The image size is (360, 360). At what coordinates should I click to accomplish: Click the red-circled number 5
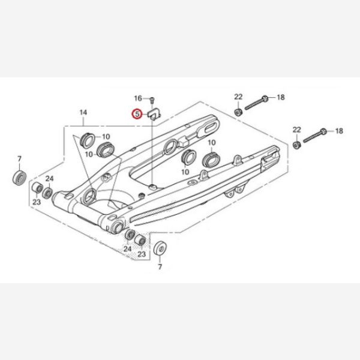click(137, 114)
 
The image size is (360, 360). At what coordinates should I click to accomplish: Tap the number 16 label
click(138, 98)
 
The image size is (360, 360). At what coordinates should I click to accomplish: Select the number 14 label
click(83, 113)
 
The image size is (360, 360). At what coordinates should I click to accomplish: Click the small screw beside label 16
click(152, 100)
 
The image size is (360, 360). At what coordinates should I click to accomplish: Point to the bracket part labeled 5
click(154, 114)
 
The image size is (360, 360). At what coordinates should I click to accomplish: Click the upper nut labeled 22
click(238, 112)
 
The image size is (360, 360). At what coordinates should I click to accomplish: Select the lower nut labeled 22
click(296, 145)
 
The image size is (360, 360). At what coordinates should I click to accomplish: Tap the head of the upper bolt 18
click(265, 99)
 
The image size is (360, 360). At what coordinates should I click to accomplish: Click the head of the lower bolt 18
click(323, 131)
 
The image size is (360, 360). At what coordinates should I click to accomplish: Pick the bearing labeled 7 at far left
click(19, 177)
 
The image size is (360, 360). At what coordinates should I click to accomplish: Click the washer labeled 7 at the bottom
click(160, 248)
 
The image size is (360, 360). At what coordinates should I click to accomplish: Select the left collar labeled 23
click(37, 188)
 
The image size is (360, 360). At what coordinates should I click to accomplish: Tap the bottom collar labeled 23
click(140, 241)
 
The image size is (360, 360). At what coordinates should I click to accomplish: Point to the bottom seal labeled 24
click(130, 235)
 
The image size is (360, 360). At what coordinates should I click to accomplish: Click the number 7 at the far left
click(20, 158)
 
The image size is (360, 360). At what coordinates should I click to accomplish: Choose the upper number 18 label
click(281, 97)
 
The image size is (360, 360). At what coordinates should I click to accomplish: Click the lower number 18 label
click(339, 131)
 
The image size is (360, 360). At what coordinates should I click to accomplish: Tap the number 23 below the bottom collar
click(142, 254)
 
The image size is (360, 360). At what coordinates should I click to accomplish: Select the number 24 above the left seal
click(49, 179)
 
